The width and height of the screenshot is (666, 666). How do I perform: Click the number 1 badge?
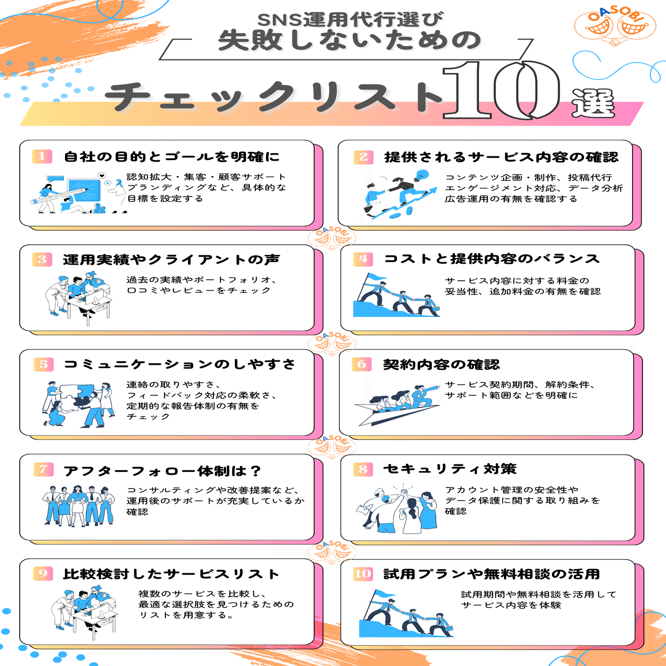point(42,156)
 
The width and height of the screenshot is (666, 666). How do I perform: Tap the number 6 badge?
point(361,364)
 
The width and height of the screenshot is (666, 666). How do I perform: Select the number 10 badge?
point(363,573)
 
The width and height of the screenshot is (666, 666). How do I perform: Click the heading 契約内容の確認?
point(441,364)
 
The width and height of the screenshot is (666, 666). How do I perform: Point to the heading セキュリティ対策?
point(450,469)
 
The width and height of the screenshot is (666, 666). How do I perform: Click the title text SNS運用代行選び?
point(350,19)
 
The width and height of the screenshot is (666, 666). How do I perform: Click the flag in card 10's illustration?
point(384,594)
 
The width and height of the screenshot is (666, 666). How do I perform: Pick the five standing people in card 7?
point(79,506)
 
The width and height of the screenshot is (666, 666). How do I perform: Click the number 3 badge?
point(42,259)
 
